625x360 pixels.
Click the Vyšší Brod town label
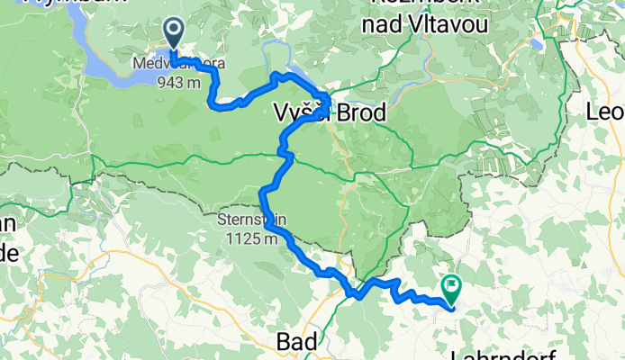pos(329,113)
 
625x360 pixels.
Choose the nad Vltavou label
pos(424,26)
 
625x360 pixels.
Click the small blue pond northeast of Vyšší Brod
pos(538,42)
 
